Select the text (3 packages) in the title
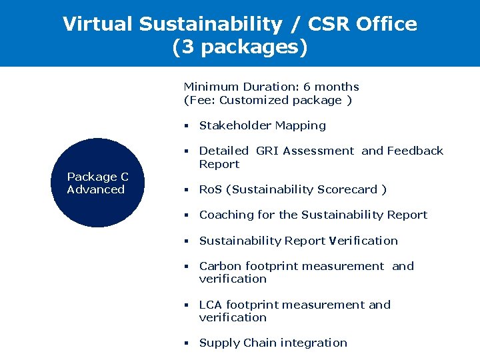240,48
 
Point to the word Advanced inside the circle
96,189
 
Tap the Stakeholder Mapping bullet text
263,125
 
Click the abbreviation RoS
211,189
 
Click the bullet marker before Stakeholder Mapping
187,126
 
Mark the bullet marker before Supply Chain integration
187,343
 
